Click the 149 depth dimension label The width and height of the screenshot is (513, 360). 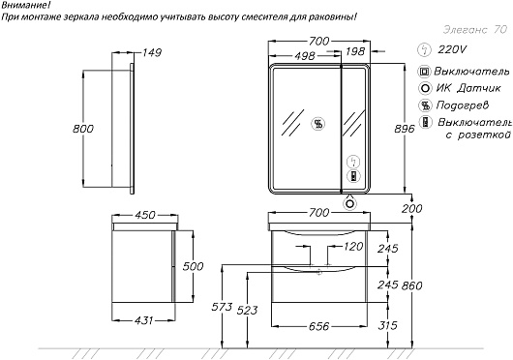(152, 52)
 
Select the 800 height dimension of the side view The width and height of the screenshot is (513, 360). (83, 129)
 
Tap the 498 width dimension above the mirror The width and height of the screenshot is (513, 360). (304, 56)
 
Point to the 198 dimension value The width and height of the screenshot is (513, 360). (354, 51)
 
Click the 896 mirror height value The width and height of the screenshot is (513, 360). (405, 129)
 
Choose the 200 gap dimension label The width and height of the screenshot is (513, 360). (412, 208)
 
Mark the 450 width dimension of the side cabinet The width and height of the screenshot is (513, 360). (145, 215)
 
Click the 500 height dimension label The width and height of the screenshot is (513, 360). (193, 266)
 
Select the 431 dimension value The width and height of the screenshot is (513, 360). (143, 320)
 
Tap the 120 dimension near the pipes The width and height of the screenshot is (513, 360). (353, 247)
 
